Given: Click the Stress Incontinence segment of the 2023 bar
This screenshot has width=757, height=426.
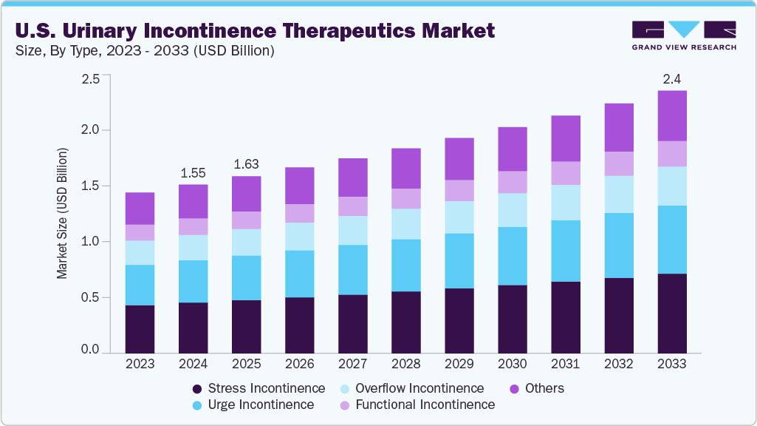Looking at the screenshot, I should click(x=140, y=329).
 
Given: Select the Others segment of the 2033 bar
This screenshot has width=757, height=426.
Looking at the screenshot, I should click(x=672, y=115).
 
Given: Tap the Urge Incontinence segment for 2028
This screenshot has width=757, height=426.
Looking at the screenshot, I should click(x=406, y=266).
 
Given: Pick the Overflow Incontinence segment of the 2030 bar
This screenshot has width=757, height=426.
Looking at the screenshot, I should click(x=513, y=210).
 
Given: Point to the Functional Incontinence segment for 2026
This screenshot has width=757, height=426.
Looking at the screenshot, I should click(x=300, y=214).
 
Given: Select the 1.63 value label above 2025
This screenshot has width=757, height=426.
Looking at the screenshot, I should click(x=246, y=164).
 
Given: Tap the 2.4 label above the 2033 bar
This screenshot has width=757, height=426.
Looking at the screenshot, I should click(x=672, y=78).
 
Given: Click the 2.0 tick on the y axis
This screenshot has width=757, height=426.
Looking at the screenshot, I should click(x=90, y=130).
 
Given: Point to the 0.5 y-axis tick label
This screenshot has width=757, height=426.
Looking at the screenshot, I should click(x=90, y=298).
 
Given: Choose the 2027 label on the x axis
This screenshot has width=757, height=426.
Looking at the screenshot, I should click(x=353, y=365).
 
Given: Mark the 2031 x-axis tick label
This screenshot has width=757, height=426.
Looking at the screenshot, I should click(x=566, y=365).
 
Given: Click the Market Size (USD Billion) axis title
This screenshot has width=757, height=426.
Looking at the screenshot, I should click(x=63, y=214).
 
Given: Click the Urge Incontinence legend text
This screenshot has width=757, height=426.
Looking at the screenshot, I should click(x=261, y=405).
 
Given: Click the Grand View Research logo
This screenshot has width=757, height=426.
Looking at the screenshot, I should click(x=684, y=35).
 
